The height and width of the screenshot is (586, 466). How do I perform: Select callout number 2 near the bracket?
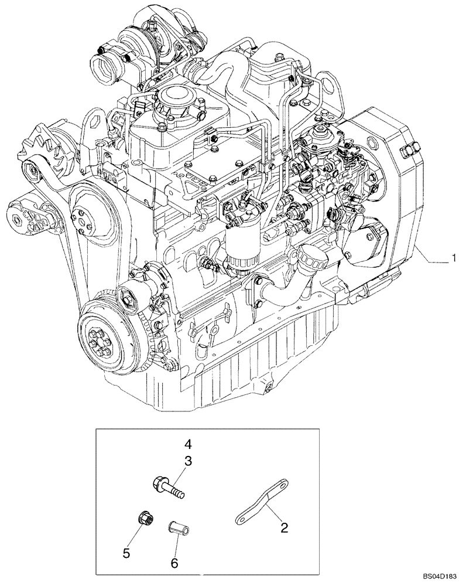284,527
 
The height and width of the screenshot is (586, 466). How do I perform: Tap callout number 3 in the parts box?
189,461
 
